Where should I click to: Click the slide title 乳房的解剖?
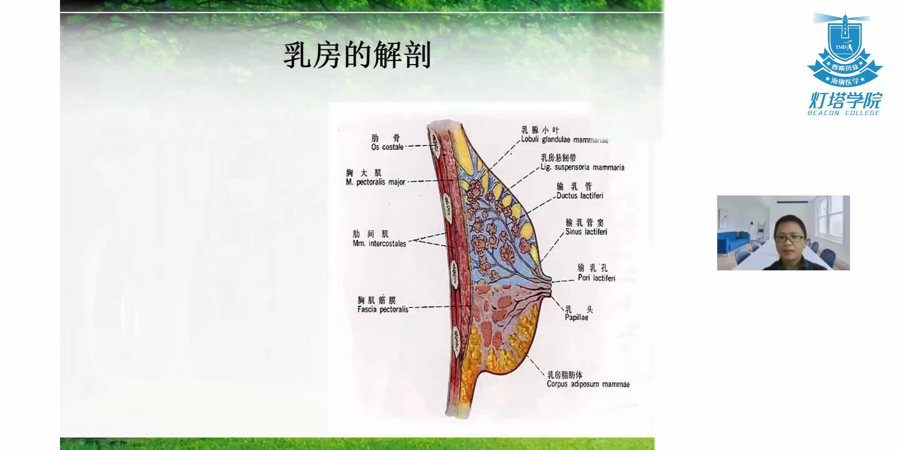point(357,55)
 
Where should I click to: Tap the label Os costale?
point(387,147)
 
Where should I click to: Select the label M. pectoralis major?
point(375,182)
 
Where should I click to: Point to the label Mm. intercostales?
point(379,244)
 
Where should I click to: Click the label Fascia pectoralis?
point(382,309)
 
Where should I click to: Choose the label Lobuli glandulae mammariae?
point(565,140)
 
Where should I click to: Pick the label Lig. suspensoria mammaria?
point(582,167)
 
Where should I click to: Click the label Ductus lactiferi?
point(580,195)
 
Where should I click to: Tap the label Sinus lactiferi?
point(586,232)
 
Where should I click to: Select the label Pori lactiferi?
point(596,278)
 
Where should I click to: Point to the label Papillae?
point(576,317)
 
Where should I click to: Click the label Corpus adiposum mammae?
point(588,384)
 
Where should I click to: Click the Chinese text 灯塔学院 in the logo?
point(845,100)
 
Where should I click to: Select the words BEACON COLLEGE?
point(843,113)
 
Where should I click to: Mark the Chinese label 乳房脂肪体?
point(565,375)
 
